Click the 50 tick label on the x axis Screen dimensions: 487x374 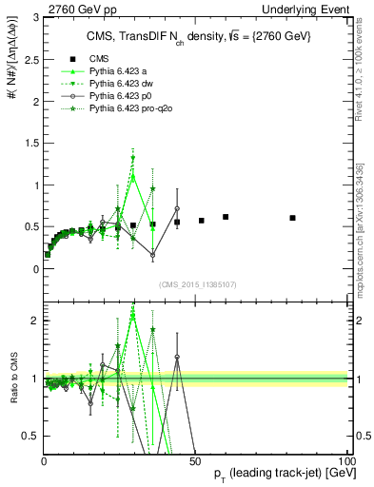click(195, 460)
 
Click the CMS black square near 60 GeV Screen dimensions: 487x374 click(226, 217)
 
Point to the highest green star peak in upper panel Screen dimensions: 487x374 click(133, 158)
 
